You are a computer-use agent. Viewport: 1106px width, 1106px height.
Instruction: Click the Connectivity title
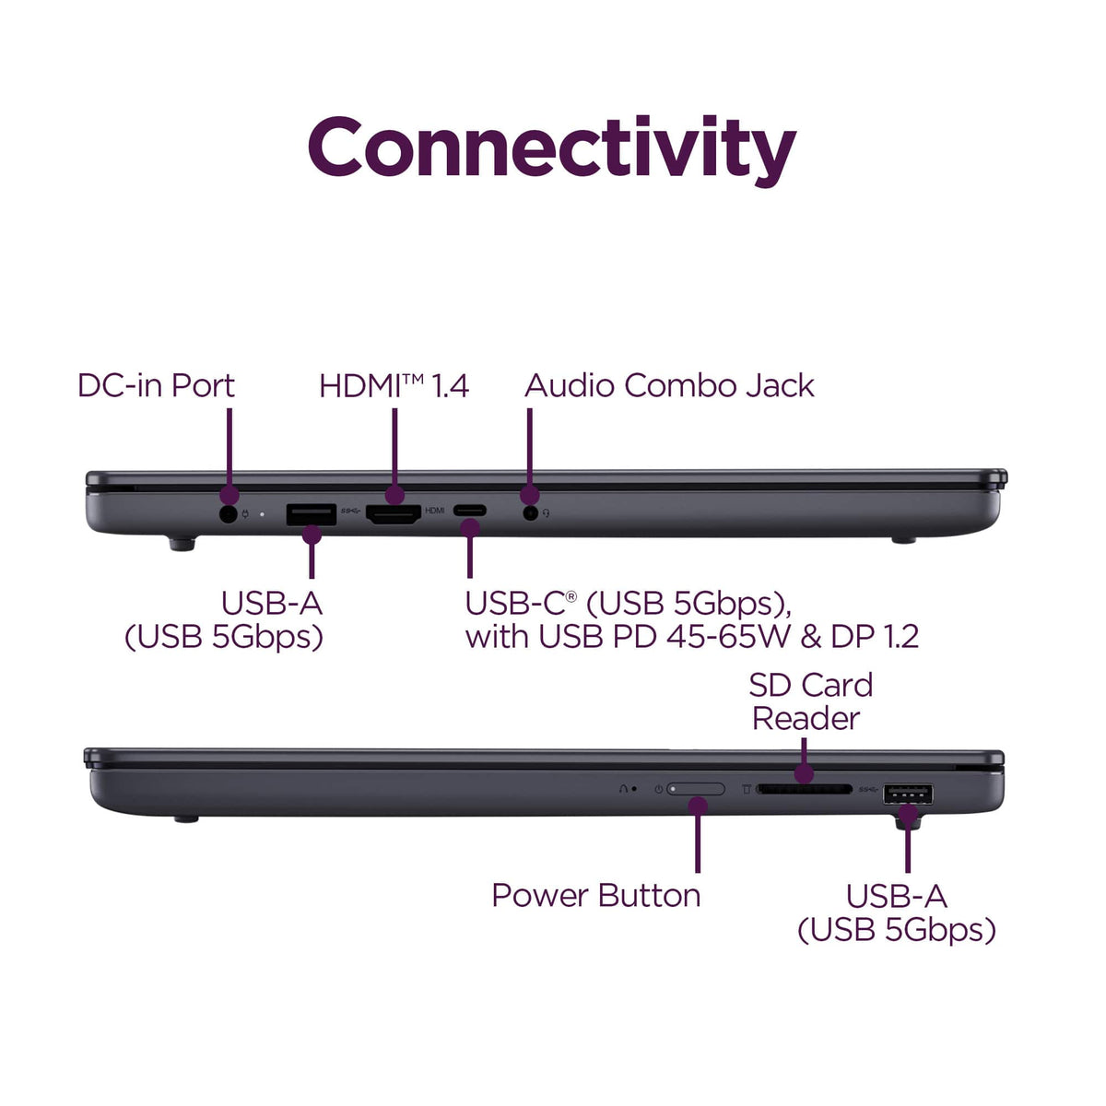[551, 148]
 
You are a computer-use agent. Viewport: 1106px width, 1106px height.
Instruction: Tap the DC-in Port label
[156, 385]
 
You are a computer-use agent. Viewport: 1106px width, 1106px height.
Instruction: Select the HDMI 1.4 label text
[394, 385]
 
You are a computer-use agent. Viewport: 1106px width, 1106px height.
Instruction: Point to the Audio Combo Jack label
[669, 385]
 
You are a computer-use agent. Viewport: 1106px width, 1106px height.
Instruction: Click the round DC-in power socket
[229, 513]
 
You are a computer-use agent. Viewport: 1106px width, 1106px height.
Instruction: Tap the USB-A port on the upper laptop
[312, 513]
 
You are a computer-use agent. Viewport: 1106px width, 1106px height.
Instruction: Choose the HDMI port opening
[394, 513]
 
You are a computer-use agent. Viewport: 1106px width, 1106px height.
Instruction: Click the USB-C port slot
[470, 511]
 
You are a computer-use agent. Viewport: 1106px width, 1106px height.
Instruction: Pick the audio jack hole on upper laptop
[531, 512]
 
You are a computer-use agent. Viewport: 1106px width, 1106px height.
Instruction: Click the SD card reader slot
[804, 790]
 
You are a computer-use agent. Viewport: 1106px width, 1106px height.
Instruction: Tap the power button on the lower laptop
[695, 789]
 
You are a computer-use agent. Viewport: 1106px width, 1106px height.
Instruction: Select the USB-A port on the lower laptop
[908, 794]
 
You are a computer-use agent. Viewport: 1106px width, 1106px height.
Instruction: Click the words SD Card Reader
[810, 701]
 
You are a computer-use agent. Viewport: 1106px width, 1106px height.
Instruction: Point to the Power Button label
[595, 895]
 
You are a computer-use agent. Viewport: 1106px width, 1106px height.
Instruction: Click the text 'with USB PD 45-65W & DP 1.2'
[692, 637]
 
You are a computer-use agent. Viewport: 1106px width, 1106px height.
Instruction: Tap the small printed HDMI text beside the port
[434, 511]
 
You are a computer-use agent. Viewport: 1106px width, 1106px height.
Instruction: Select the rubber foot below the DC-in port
[182, 544]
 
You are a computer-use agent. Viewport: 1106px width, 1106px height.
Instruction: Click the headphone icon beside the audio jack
[546, 513]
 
